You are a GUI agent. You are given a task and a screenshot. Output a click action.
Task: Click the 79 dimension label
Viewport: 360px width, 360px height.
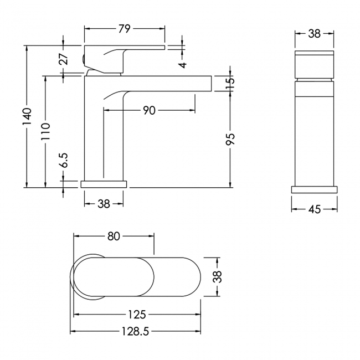(125, 29)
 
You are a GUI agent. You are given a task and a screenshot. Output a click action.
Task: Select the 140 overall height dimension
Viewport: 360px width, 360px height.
(27, 116)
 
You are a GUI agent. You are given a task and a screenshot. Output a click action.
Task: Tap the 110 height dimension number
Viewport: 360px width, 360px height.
(45, 131)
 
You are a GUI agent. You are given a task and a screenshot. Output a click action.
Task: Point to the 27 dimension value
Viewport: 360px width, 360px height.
(64, 59)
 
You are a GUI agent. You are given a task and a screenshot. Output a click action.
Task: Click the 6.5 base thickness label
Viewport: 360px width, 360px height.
(64, 160)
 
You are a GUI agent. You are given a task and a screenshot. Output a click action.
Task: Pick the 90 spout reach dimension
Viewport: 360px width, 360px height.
(149, 110)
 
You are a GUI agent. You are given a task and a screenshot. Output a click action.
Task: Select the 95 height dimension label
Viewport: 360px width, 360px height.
(230, 139)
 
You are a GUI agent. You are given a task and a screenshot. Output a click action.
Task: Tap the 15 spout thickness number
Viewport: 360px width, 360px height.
(230, 81)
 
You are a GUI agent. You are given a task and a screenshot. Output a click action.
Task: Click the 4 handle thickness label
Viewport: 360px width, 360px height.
(183, 65)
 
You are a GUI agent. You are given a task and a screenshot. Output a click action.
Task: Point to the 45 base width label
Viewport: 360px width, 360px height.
(315, 209)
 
